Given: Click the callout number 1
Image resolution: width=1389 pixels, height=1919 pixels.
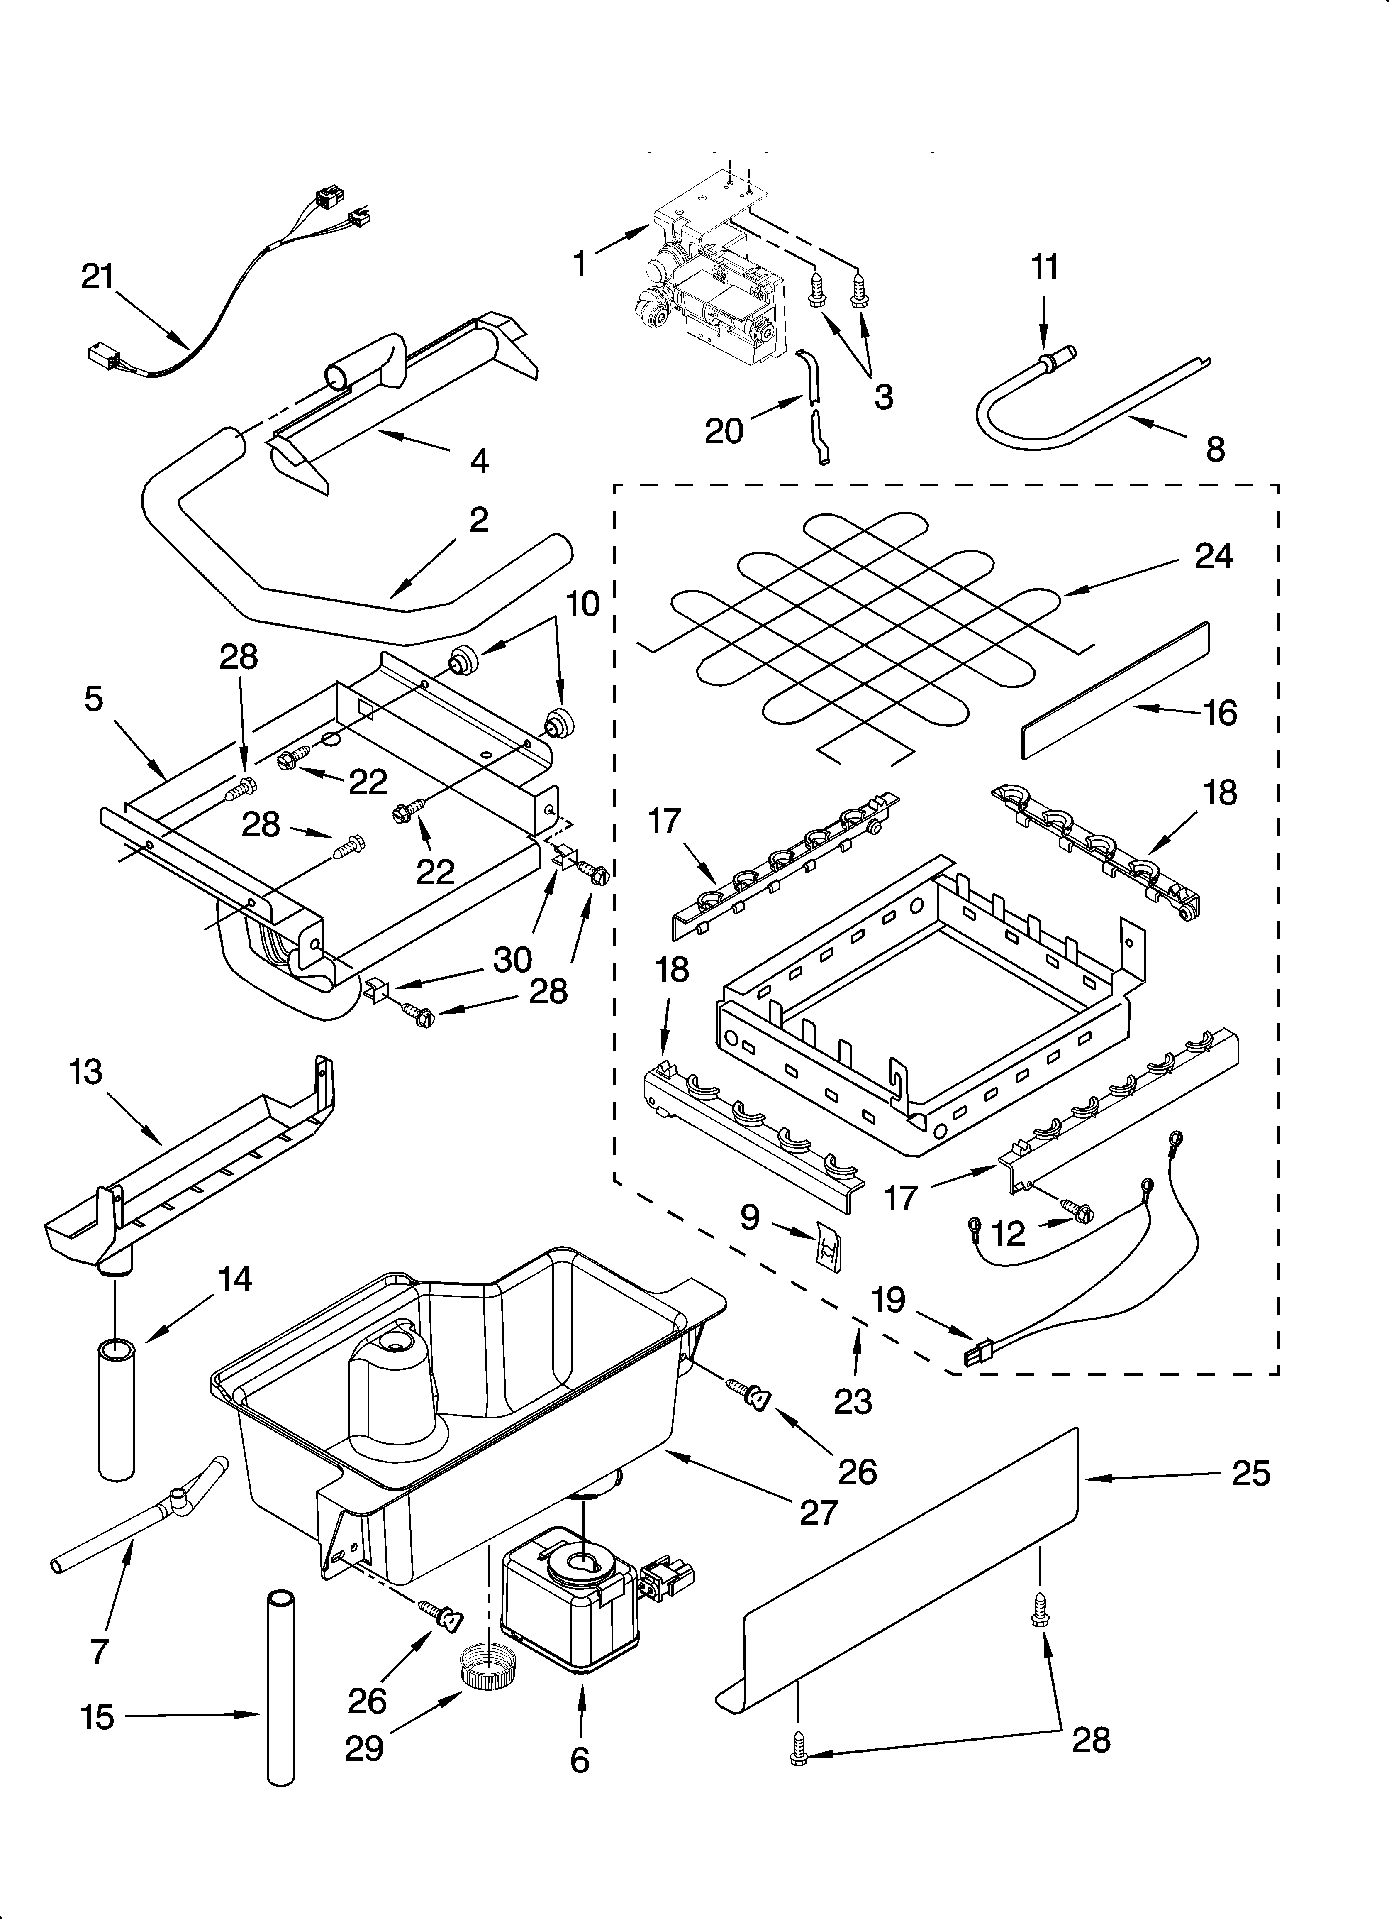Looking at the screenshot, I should (x=580, y=263).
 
